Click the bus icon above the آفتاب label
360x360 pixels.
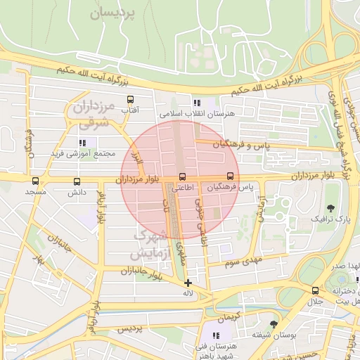(x=130, y=101)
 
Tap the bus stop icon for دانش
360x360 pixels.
(x=76, y=181)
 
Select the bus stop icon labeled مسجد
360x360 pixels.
(x=35, y=181)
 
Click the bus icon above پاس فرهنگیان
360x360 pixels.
(x=230, y=176)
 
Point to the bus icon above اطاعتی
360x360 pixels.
(x=183, y=176)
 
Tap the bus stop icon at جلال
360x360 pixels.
(x=315, y=290)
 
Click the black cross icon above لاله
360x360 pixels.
(x=187, y=283)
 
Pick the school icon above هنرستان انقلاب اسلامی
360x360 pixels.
(x=198, y=103)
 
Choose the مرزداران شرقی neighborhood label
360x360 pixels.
(x=92, y=115)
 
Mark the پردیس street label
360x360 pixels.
(x=129, y=329)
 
